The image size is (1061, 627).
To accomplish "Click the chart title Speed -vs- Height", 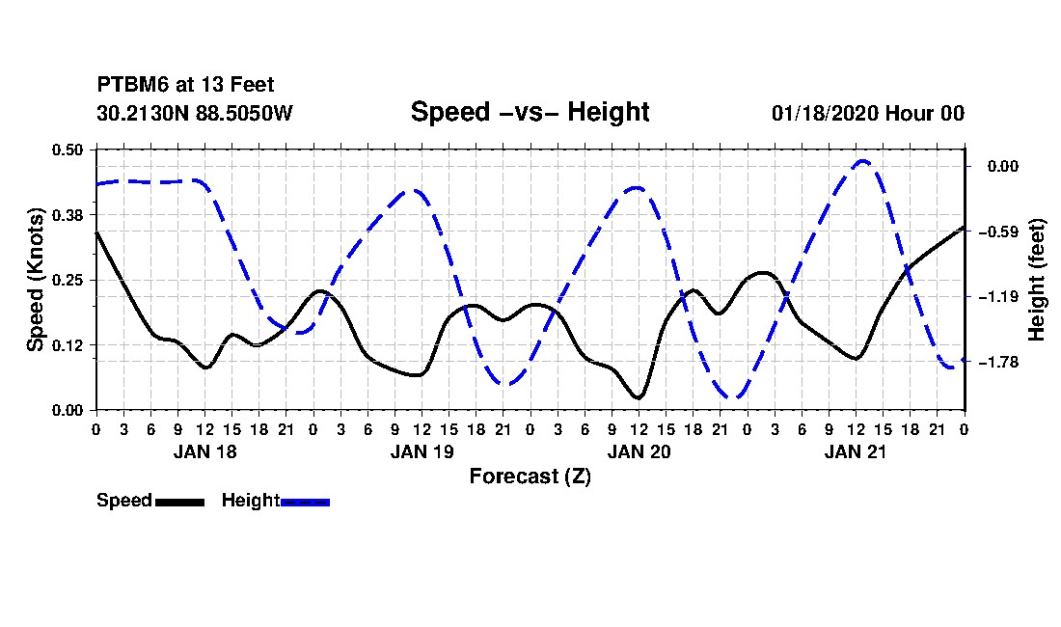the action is (530, 112).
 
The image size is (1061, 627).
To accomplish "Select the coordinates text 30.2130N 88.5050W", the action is (195, 113).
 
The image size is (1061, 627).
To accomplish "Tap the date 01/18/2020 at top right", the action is (825, 113).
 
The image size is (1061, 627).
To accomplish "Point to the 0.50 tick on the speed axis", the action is (68, 150).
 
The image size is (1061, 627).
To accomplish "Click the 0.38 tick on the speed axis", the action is (68, 215).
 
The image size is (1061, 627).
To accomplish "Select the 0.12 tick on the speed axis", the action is (68, 345).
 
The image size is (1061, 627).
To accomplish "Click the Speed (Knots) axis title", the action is (35, 280).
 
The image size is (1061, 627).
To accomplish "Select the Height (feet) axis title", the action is (1037, 280).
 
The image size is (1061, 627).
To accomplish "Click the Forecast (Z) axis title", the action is (530, 477).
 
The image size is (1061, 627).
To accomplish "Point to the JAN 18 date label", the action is (205, 451).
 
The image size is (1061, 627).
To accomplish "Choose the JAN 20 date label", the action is (639, 451).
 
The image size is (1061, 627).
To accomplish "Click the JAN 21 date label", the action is (856, 451).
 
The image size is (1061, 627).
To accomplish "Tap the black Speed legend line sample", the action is (180, 502).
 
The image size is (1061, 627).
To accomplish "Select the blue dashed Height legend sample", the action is (305, 502).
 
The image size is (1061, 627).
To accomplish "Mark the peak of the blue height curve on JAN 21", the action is (862, 161).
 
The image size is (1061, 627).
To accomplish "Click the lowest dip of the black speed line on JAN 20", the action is (639, 397).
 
